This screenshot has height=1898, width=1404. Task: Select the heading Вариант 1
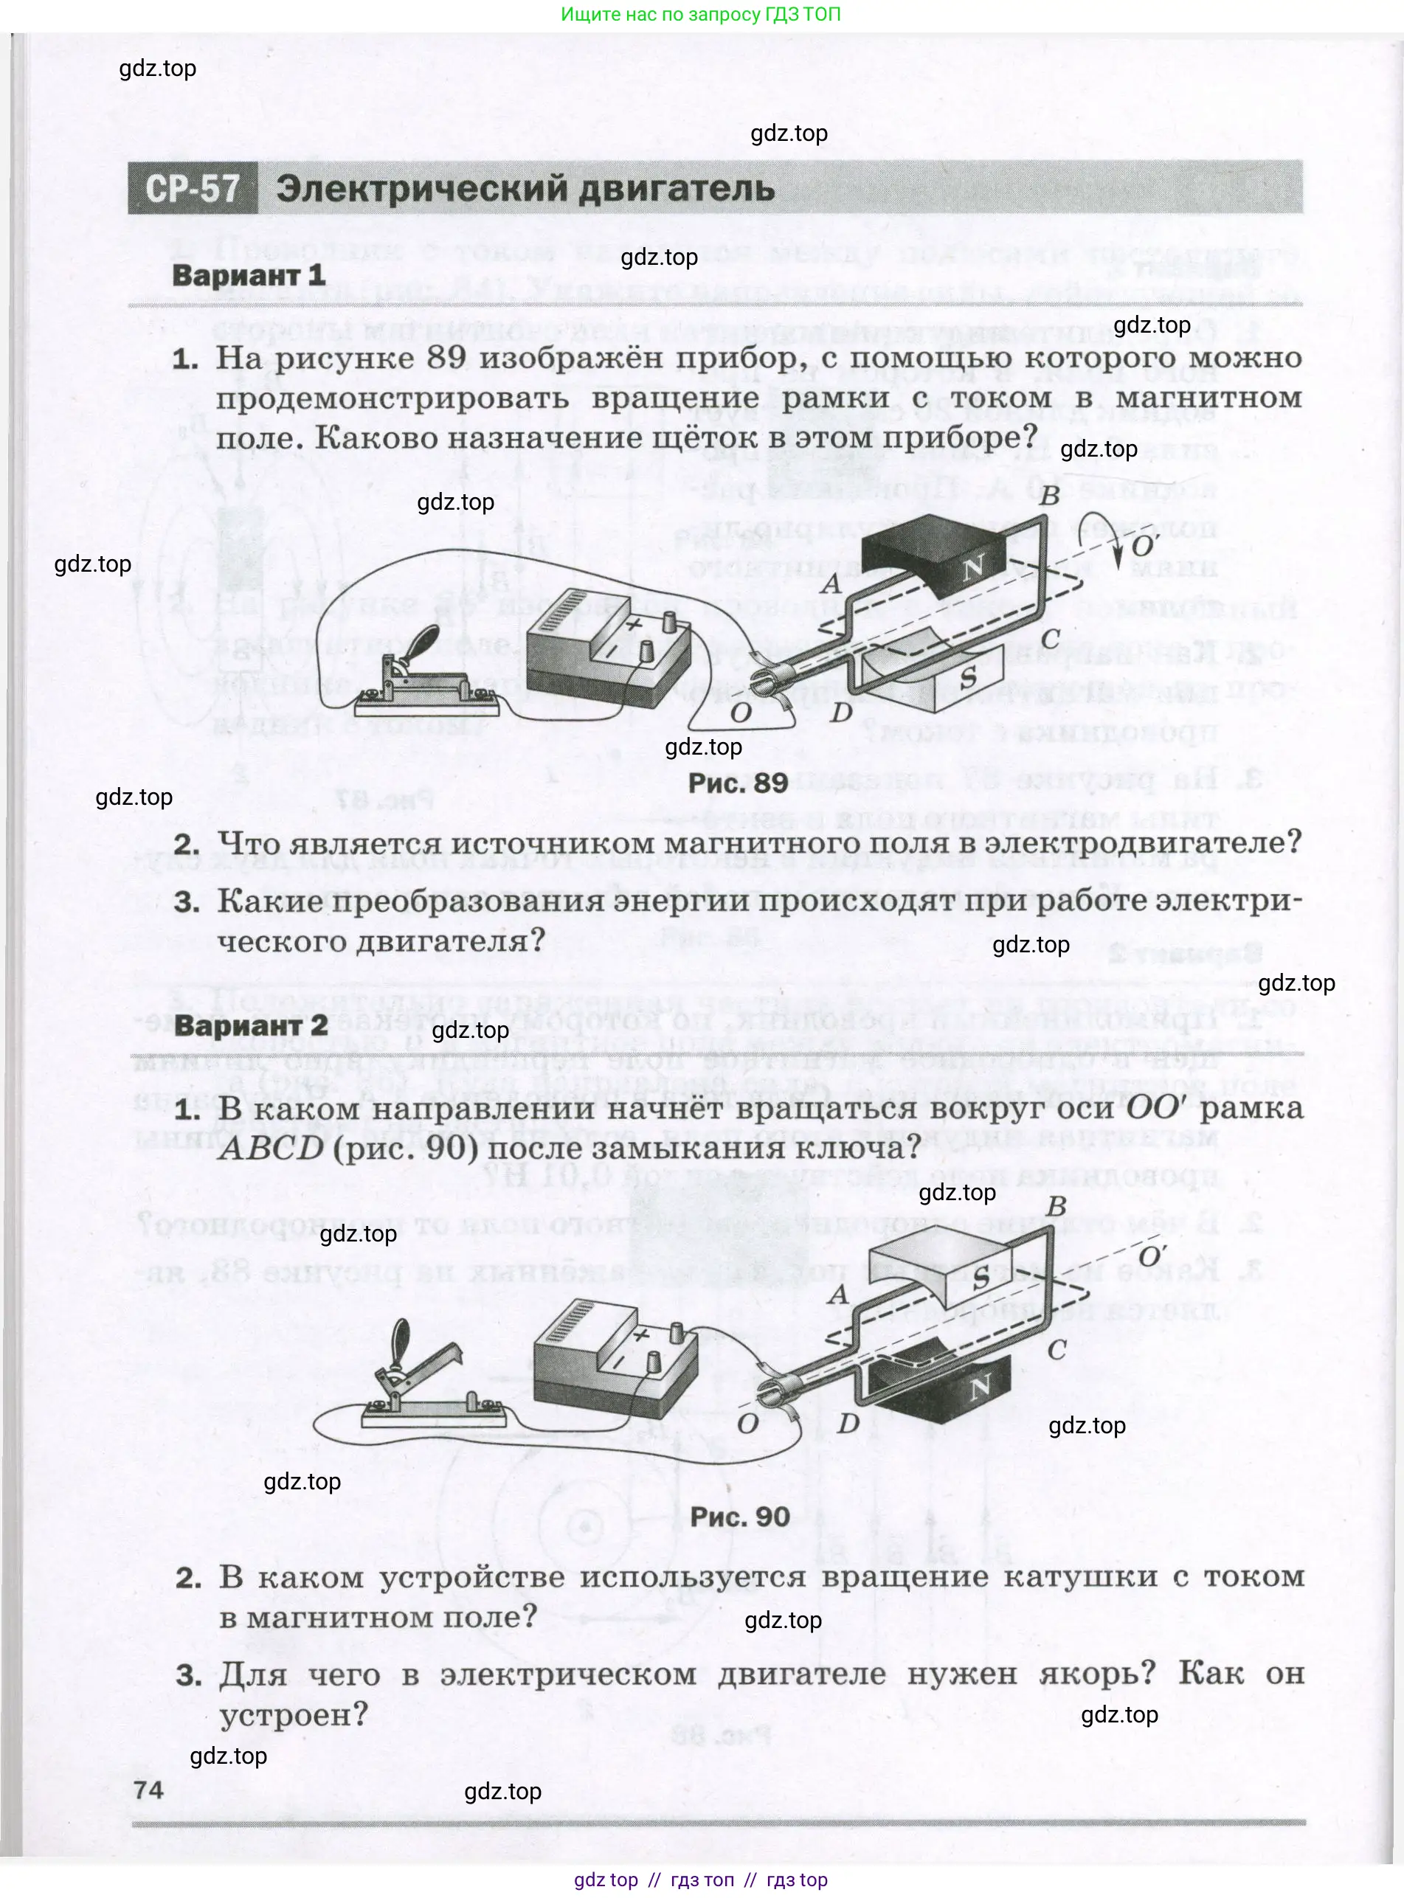(x=248, y=275)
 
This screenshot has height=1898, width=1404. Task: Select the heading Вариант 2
(x=251, y=1025)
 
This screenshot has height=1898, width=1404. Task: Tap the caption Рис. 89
(x=738, y=783)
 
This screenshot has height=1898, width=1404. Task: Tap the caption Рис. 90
(x=739, y=1517)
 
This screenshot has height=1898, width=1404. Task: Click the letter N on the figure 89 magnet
(x=972, y=566)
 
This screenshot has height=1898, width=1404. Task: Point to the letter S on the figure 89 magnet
(x=968, y=677)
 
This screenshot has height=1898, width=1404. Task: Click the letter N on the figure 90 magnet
(x=980, y=1388)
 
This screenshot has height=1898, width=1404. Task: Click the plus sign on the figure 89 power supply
(x=633, y=623)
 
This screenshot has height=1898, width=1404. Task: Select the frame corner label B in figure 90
(x=1057, y=1206)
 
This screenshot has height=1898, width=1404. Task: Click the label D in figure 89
(x=840, y=712)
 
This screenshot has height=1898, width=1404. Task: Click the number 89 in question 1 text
(x=447, y=358)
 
